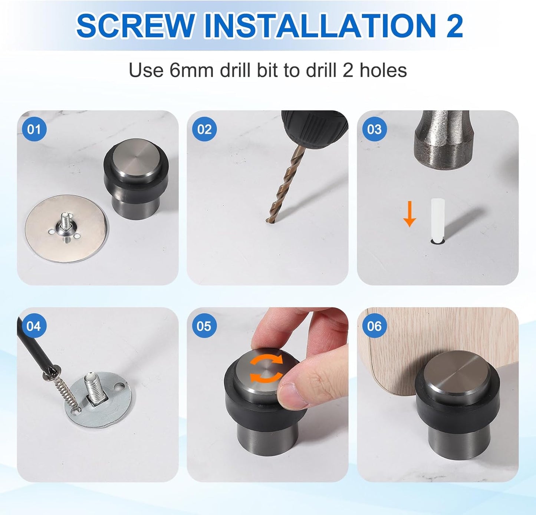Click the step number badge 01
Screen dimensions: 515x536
[x=34, y=129]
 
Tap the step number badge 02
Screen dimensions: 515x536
[x=204, y=129]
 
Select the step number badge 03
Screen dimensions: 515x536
[x=374, y=129]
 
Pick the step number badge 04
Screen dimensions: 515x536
[x=34, y=326]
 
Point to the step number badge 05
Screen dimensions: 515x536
[x=204, y=326]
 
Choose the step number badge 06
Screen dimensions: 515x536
[x=374, y=326]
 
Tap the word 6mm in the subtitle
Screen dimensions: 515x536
[x=191, y=70]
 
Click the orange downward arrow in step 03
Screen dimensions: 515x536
[x=410, y=214]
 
